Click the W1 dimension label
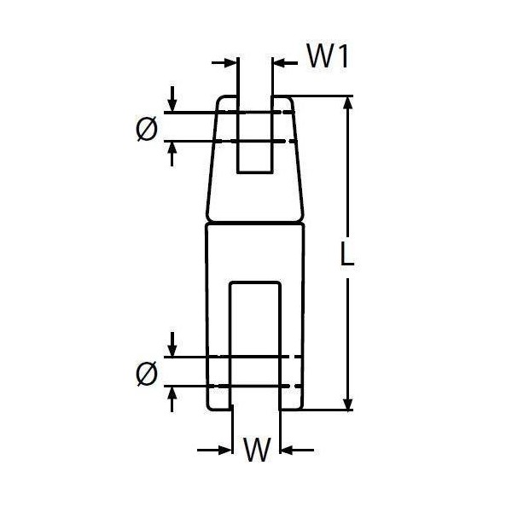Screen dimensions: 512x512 tap(328, 57)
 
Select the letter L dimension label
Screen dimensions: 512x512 tap(346, 253)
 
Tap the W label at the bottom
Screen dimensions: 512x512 tap(258, 449)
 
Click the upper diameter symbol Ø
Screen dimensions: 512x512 tap(147, 129)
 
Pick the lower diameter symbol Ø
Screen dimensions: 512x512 tap(147, 374)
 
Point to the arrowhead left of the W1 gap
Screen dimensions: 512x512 tap(230, 62)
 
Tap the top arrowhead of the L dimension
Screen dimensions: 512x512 tap(348, 103)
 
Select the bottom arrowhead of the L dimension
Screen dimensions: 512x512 tap(348, 403)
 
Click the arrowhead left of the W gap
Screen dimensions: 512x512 tap(225, 451)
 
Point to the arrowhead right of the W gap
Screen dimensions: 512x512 tap(287, 451)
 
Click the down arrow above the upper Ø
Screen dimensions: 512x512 tap(172, 105)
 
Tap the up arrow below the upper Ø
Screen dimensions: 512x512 tap(172, 149)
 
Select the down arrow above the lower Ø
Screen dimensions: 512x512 tap(172, 350)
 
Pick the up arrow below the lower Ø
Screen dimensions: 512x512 tap(172, 393)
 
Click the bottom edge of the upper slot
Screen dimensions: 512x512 tap(254, 172)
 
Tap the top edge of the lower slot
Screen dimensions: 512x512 tap(255, 282)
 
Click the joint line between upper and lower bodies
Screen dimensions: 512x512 tap(255, 223)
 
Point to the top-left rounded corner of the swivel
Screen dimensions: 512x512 tap(220, 100)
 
